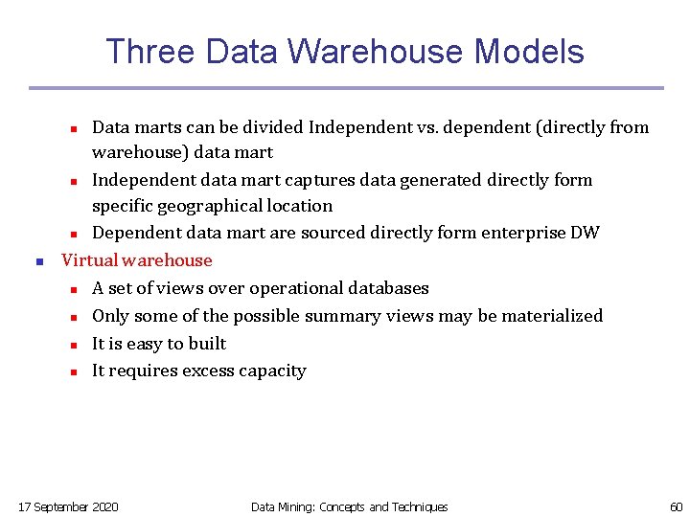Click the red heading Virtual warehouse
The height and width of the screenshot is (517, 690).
pyautogui.click(x=136, y=260)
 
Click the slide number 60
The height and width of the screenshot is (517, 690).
pyautogui.click(x=676, y=506)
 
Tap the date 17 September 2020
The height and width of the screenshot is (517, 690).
pyautogui.click(x=69, y=506)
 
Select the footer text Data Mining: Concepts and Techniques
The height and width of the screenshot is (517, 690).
pyautogui.click(x=349, y=506)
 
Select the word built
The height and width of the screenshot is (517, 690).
pyautogui.click(x=208, y=344)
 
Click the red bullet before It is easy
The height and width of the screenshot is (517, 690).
pyautogui.click(x=73, y=345)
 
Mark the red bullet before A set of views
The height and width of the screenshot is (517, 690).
pyautogui.click(x=73, y=289)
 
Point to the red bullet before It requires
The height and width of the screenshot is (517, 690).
pyautogui.click(x=73, y=371)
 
